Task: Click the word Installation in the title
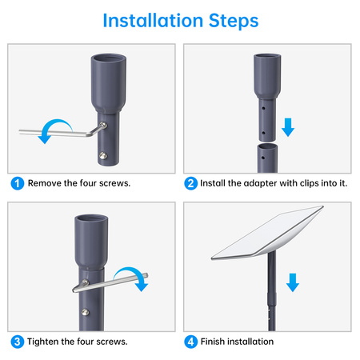click(x=153, y=21)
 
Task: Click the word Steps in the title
click(x=234, y=22)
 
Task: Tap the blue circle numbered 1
click(x=18, y=183)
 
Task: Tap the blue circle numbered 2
click(x=190, y=183)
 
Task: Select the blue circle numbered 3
click(x=18, y=342)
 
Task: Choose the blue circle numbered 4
click(x=190, y=342)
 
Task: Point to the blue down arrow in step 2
click(x=288, y=127)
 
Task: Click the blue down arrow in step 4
click(x=293, y=282)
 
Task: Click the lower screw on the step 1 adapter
click(x=103, y=156)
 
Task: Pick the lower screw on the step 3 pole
click(x=86, y=312)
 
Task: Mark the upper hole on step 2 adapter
click(x=263, y=109)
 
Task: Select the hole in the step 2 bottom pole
click(x=263, y=158)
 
